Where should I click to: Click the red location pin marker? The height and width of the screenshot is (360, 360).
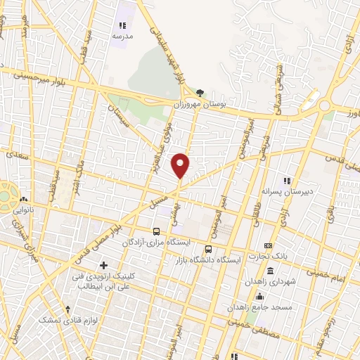pyautogui.click(x=181, y=165)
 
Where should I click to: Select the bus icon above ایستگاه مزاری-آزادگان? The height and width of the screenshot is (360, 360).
pyautogui.click(x=157, y=231)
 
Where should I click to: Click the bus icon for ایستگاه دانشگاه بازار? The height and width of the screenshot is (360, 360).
pyautogui.click(x=208, y=248)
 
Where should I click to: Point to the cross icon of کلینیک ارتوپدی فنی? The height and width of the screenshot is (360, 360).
pyautogui.click(x=104, y=265)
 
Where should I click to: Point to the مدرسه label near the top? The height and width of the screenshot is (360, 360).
pyautogui.click(x=123, y=37)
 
